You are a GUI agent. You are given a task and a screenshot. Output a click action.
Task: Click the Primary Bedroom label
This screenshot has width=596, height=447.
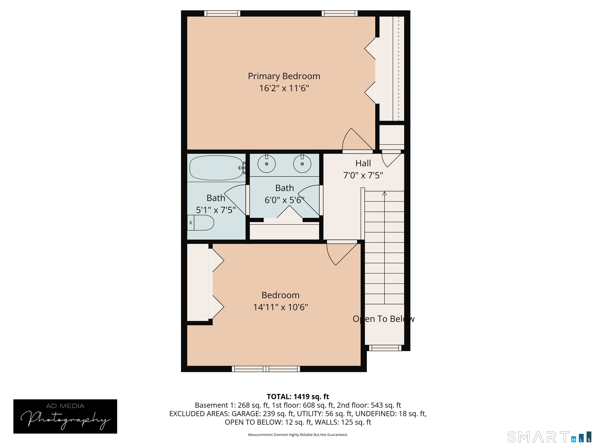pos(284,76)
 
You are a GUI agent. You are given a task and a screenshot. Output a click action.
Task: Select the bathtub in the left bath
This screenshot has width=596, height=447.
pos(216,168)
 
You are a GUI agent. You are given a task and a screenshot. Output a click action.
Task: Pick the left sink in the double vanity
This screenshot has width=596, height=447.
pos(267,164)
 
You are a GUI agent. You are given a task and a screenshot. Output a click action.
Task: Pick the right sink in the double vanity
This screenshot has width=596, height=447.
pos(302,164)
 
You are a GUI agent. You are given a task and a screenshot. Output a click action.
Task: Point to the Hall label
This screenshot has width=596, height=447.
pos(363,163)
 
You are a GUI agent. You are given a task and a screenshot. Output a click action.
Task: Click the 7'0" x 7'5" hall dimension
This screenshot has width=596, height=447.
pos(363,175)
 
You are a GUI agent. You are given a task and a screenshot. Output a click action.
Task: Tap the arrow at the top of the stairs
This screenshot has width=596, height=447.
pos(385,193)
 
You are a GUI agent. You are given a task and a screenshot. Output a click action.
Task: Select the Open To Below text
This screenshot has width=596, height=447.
pos(383,319)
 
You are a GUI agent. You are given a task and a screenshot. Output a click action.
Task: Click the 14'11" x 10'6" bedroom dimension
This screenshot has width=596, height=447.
pos(281,307)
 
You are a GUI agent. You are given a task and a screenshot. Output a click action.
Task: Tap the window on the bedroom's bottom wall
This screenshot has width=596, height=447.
pos(266,369)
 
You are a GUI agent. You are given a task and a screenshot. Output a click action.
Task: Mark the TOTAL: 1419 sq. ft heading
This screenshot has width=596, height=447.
pos(298,397)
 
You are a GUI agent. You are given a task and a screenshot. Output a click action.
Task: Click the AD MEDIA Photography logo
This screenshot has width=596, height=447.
pos(65,416)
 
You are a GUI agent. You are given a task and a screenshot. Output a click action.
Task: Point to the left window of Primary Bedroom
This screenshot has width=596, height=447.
pos(222,13)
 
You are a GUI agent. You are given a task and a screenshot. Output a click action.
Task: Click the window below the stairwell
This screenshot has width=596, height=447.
pos(385,348)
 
